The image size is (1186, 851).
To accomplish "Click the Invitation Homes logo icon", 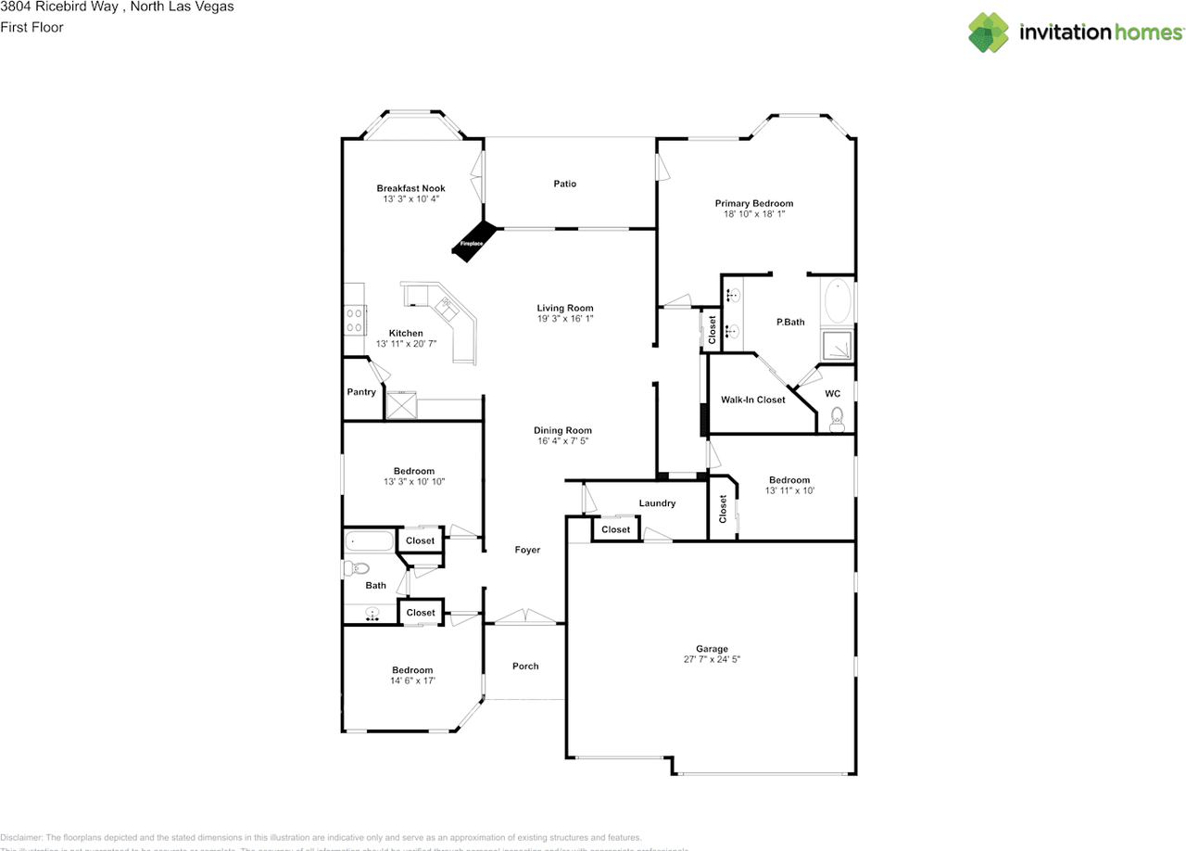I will (x=988, y=32).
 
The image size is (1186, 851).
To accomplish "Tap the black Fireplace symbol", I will (x=475, y=240).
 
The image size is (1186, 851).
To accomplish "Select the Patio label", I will (x=564, y=184).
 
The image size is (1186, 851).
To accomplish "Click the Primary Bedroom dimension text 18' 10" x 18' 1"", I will (x=753, y=214).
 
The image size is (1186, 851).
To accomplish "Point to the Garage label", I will (x=712, y=649).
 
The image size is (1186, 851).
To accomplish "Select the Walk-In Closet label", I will (x=752, y=400).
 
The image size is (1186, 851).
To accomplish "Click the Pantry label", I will (x=361, y=392).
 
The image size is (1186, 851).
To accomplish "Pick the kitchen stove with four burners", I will (x=354, y=320).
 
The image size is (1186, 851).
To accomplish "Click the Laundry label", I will (x=657, y=503).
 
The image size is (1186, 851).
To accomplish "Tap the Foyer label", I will (x=527, y=550).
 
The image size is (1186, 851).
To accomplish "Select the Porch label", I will (x=525, y=666).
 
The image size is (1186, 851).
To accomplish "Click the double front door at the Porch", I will (x=524, y=618).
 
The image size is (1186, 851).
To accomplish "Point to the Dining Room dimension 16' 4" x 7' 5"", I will (x=562, y=441).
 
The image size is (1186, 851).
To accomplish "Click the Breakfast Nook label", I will (x=410, y=188).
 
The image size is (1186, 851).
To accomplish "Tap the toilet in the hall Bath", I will (x=357, y=568).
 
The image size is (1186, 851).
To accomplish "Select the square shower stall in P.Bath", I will (x=838, y=346).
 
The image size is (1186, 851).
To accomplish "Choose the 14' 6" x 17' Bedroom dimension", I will (x=412, y=680).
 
